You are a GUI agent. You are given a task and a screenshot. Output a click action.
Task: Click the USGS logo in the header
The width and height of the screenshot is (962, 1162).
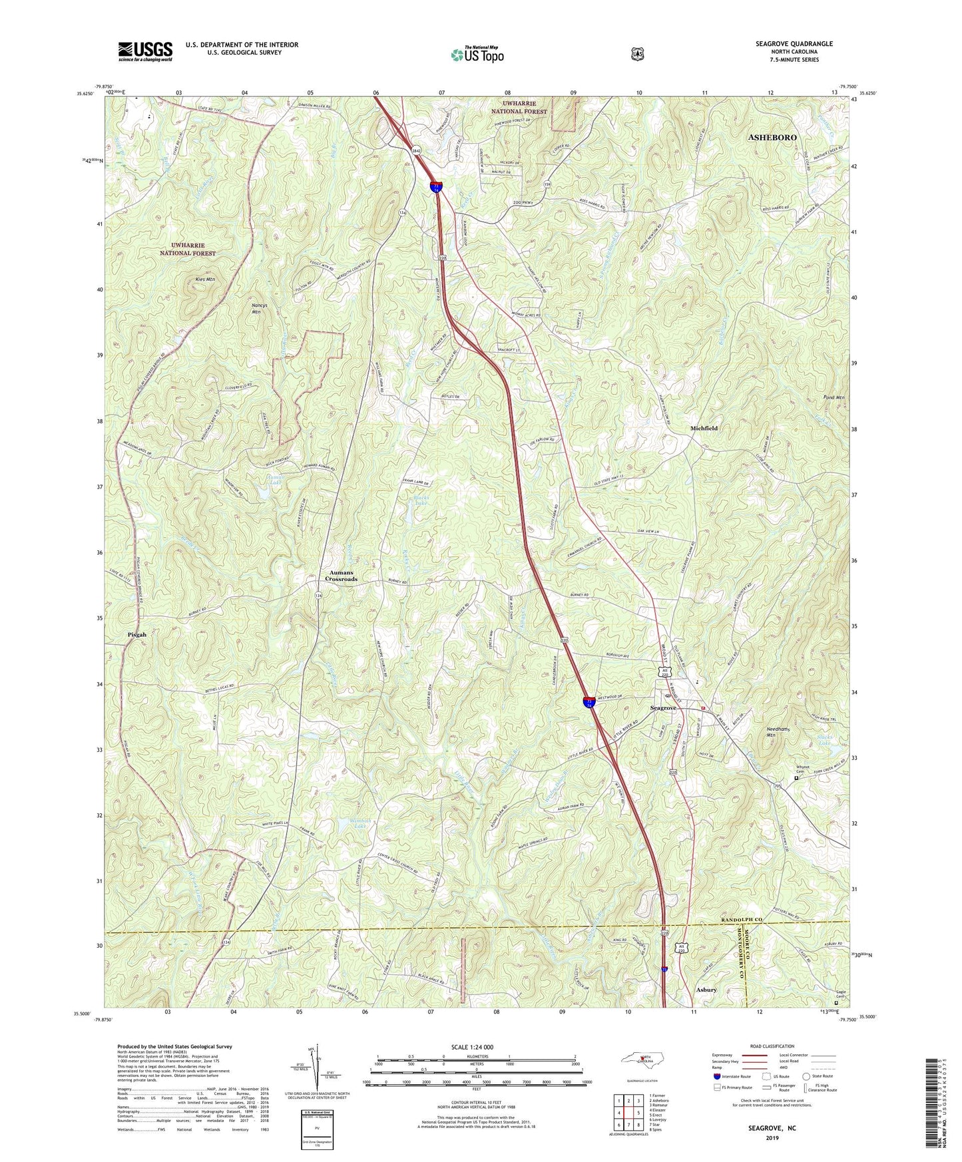pos(145,51)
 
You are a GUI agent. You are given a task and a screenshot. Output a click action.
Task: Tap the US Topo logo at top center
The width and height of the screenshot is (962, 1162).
pos(476,55)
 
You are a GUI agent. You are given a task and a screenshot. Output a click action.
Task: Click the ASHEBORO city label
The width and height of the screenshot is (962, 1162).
pos(772,137)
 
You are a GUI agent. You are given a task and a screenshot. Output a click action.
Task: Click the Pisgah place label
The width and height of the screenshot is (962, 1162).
pos(136,635)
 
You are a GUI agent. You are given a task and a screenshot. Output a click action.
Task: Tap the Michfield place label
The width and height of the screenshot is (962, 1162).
pos(704,429)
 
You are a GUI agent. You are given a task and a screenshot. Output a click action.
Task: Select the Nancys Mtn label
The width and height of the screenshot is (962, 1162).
pos(246,307)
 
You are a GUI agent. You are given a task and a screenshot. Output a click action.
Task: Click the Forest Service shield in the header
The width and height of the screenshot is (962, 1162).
pos(637,54)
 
